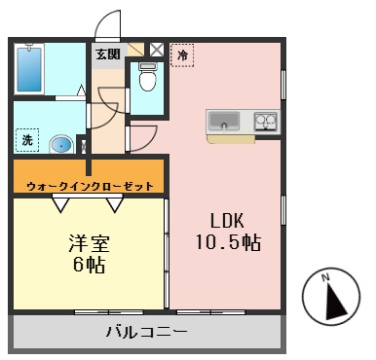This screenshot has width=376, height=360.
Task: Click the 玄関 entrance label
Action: coord(107,54)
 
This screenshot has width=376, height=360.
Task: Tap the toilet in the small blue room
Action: coord(147,75)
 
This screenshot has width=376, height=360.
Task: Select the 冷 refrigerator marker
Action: coord(181,55)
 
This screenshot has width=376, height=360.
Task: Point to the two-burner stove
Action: coord(266,122)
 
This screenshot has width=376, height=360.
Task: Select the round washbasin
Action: coord(60,145)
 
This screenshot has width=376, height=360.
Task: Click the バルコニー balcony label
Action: coord(146,333)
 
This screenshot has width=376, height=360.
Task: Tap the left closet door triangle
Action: coord(61,202)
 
